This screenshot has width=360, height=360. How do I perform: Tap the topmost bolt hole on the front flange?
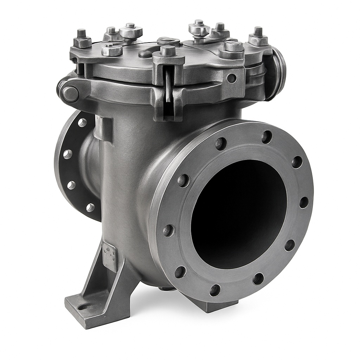(x=267, y=137)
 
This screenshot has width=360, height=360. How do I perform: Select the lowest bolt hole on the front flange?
(x=215, y=290)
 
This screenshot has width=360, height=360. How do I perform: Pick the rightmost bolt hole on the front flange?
(x=304, y=202)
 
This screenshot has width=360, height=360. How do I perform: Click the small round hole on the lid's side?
(x=231, y=78)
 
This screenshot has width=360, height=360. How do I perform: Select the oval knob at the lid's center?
(x=168, y=41)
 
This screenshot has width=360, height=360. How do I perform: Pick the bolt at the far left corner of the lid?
(x=82, y=39)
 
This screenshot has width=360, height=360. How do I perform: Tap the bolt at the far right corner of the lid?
(x=258, y=37)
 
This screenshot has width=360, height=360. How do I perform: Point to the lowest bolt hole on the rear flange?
(x=90, y=207)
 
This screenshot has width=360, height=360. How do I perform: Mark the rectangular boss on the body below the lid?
(x=103, y=128)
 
